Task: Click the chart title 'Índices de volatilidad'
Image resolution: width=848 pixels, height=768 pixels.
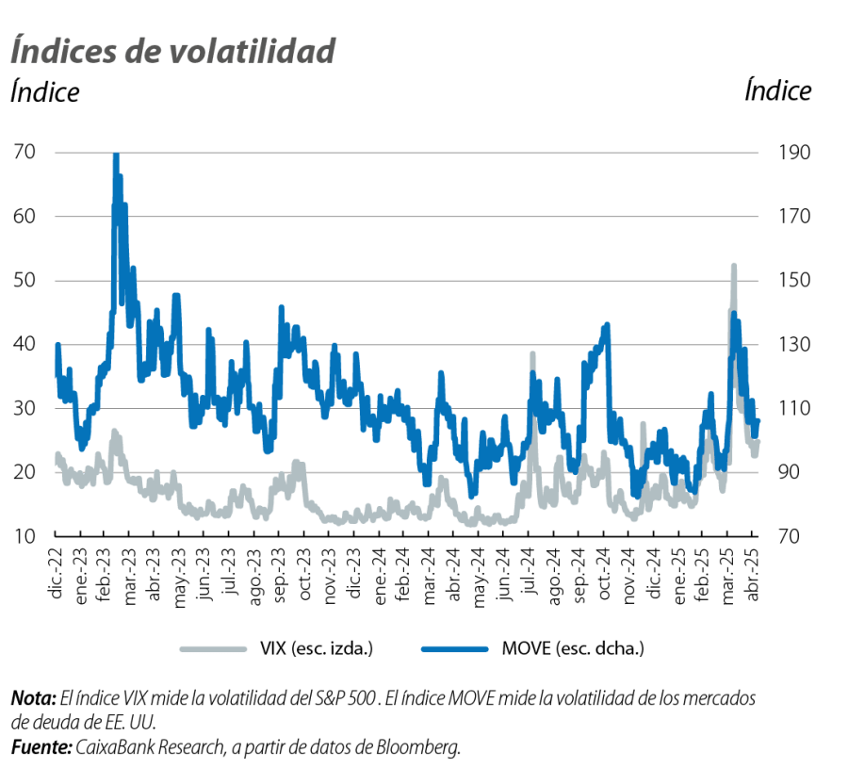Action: pyautogui.click(x=173, y=51)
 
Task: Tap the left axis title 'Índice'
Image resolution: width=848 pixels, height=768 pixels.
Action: pyautogui.click(x=45, y=92)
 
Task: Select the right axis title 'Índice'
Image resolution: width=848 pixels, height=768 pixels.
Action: pyautogui.click(x=777, y=90)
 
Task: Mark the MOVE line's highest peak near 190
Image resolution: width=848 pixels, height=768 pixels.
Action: pyautogui.click(x=116, y=154)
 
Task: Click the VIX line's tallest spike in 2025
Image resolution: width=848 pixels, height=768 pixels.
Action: pyautogui.click(x=733, y=267)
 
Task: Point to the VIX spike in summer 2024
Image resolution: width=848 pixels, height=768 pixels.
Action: pyautogui.click(x=532, y=354)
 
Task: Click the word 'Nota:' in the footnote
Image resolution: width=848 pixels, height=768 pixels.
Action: pyautogui.click(x=33, y=700)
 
